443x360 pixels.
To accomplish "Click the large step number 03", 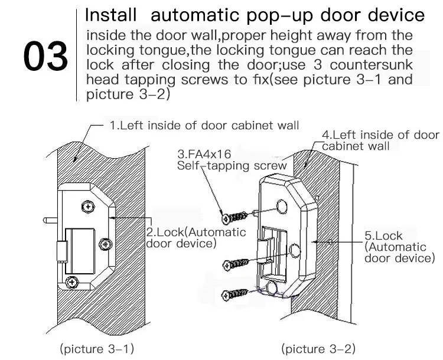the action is tap(45, 55).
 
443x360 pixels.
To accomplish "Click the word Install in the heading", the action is tap(111, 15).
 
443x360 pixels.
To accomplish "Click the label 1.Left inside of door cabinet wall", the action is tap(204, 125).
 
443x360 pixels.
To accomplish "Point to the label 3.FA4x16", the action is tap(204, 154).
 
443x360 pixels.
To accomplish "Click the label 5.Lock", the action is tap(383, 235).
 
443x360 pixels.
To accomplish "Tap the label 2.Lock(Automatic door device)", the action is tap(196, 238).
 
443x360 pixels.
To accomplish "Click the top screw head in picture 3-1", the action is tap(88, 207).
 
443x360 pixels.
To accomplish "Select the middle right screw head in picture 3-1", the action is tap(106, 244).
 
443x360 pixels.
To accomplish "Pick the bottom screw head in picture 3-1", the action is tap(71, 282).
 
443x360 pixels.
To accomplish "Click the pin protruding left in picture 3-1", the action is tap(50, 220).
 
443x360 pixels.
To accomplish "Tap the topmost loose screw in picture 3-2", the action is tap(234, 218).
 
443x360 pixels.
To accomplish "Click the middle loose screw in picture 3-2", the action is tap(236, 264).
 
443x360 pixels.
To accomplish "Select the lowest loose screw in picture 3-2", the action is tap(235, 294).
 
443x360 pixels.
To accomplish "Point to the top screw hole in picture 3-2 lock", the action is tap(282, 206).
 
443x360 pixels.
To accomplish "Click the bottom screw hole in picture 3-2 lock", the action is tap(272, 288).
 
